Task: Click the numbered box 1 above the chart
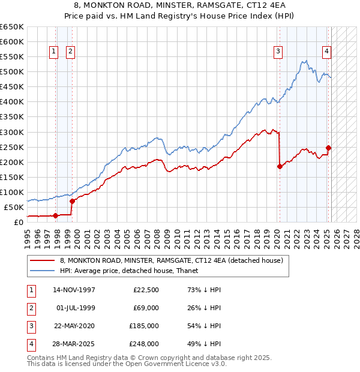coord(54,52)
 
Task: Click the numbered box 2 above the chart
coord(70,52)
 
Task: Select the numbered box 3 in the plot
coord(278,52)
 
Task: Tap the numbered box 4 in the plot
coord(326,52)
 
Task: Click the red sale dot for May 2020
coord(280,167)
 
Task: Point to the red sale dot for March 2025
coord(329,148)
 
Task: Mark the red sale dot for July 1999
coord(72,202)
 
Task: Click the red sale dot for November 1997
coord(56,215)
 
